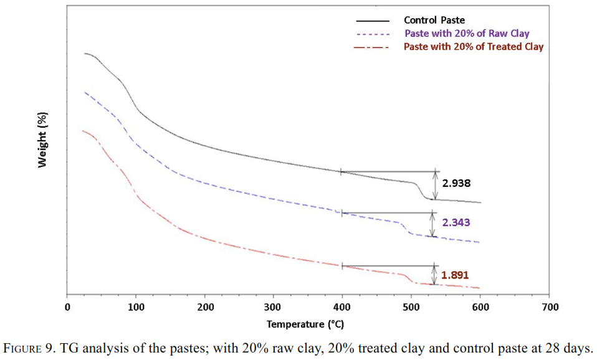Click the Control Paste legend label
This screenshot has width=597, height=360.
coord(434,20)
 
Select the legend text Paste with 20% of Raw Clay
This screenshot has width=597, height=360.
coord(467,34)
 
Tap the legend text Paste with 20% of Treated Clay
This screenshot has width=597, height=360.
coord(474,47)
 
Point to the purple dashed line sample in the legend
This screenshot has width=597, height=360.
coord(373,34)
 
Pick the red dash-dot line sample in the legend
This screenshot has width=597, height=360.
coord(371,47)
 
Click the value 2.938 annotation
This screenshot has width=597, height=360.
coord(456,183)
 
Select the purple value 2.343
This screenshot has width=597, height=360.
coord(456,222)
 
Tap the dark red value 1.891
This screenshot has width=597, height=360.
coord(454,275)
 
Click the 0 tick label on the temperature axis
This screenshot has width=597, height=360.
coord(67,307)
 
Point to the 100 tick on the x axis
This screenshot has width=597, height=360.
coord(136,307)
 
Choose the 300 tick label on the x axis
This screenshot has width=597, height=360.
coord(274,307)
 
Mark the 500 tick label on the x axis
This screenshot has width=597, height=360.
coord(411,307)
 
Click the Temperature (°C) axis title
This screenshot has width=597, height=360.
coord(305,324)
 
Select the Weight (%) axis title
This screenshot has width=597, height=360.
coord(42,140)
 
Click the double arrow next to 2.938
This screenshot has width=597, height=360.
coord(435,186)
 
